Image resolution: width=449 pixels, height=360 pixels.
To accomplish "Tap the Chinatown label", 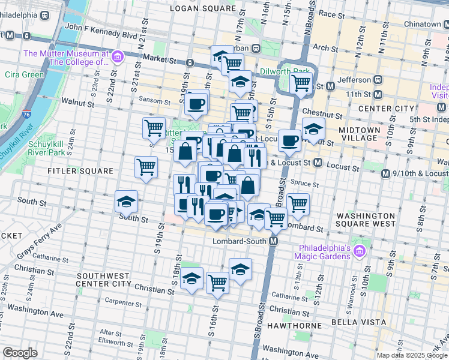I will point(421,24).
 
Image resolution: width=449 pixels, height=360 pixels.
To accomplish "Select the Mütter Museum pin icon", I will point(118,58).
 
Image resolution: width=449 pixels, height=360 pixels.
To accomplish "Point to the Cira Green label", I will point(24,74).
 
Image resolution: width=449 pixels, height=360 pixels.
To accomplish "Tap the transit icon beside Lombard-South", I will point(273,241).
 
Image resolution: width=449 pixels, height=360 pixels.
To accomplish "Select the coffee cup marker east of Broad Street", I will point(289,140).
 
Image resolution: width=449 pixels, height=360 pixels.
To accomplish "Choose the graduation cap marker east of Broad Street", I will point(313,128).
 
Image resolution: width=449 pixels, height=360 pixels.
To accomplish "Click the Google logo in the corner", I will point(20,353).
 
